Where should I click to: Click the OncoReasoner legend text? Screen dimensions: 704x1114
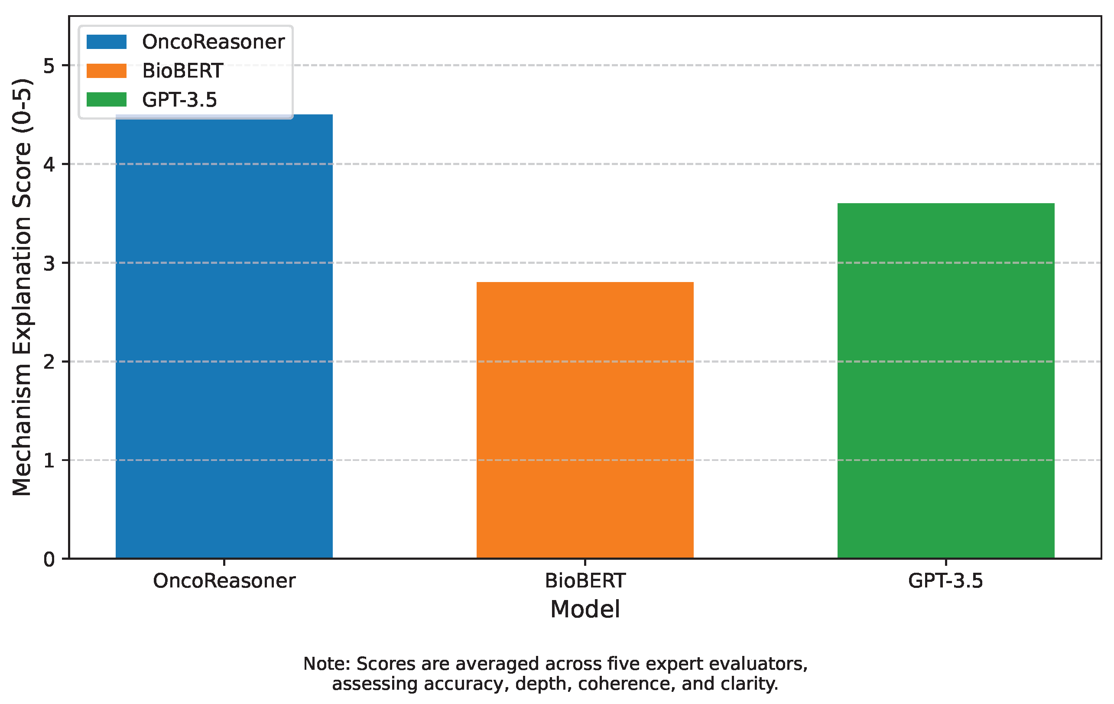(213, 42)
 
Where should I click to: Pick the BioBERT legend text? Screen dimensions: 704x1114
(183, 71)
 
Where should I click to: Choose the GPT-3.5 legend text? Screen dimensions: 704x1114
(179, 100)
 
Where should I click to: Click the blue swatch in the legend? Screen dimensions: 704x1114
(107, 42)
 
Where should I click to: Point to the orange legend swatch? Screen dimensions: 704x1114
(107, 71)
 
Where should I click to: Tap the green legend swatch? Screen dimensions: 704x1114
(107, 100)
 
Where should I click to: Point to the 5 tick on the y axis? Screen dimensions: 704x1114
(49, 66)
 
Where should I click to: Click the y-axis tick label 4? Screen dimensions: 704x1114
(49, 164)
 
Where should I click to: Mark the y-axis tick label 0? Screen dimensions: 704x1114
(49, 560)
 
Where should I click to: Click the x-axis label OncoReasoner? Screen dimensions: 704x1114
(224, 581)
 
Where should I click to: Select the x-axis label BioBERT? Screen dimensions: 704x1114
(585, 581)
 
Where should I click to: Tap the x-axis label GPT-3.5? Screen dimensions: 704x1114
(945, 581)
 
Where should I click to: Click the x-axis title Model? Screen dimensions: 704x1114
(585, 610)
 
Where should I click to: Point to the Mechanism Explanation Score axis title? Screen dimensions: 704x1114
(22, 287)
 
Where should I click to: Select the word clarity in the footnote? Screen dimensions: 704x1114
(754, 684)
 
